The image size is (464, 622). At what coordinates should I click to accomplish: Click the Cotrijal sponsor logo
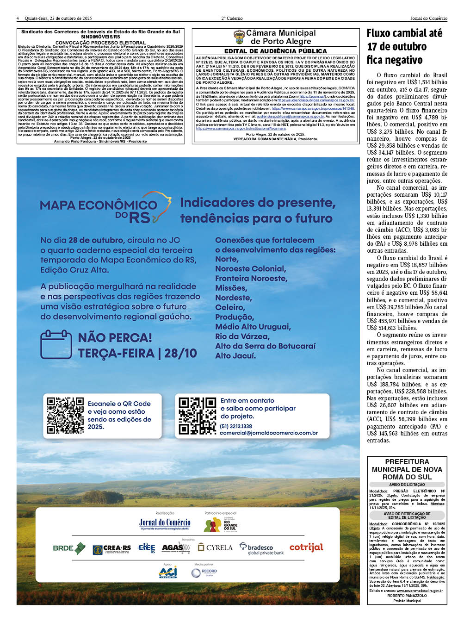tap(306, 547)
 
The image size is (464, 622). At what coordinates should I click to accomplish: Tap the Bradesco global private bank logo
tap(262, 549)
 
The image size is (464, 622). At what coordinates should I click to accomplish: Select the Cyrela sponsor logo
tap(215, 547)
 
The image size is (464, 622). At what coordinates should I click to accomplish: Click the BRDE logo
tap(69, 548)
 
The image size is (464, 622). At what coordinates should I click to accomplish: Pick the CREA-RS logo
tap(111, 549)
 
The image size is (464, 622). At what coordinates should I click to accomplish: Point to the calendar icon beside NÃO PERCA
tap(56, 345)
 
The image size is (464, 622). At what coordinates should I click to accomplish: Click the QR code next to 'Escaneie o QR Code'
tap(65, 415)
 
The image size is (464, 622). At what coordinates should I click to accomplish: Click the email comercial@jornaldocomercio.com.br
tap(269, 433)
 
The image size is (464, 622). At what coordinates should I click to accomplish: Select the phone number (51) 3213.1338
tap(236, 426)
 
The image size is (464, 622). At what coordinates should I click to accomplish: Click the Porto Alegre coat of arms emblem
tap(239, 37)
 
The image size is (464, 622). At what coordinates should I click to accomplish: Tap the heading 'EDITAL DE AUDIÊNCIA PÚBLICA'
tap(276, 51)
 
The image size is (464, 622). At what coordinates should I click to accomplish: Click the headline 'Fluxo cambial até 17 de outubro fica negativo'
tap(405, 46)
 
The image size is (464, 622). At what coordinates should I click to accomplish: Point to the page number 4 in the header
tap(18, 19)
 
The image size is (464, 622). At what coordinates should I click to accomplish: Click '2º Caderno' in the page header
tap(232, 19)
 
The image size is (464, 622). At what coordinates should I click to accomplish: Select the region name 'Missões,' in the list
tap(231, 288)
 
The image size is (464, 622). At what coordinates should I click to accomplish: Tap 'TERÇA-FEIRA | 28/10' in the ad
tap(137, 354)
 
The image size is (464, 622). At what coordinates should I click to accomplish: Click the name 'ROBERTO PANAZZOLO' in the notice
tap(407, 596)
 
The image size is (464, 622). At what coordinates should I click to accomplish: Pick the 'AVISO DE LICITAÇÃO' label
tap(407, 485)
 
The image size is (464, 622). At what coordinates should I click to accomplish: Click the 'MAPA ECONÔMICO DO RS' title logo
tap(105, 211)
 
